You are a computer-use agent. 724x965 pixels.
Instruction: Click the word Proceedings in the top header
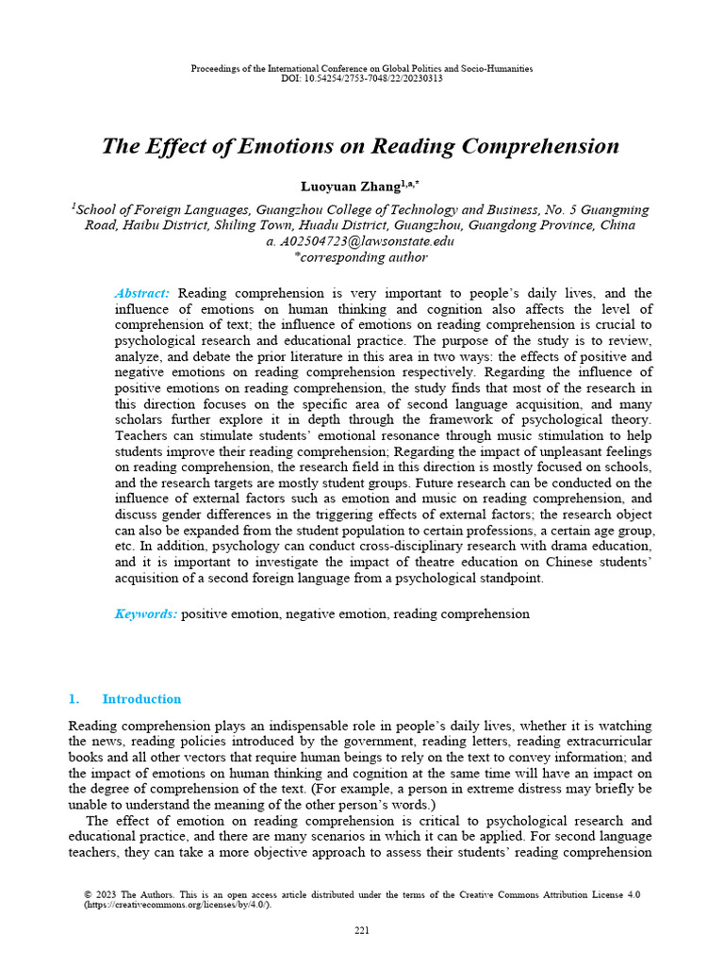[215, 69]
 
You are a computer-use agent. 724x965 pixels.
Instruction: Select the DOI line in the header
[362, 78]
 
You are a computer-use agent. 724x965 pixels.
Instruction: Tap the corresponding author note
[361, 257]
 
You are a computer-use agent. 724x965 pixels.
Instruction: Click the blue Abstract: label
[141, 294]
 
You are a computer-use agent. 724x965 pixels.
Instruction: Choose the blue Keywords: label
[145, 613]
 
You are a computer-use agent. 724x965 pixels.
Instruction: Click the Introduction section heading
[141, 699]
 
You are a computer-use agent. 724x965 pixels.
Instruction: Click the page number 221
[362, 932]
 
